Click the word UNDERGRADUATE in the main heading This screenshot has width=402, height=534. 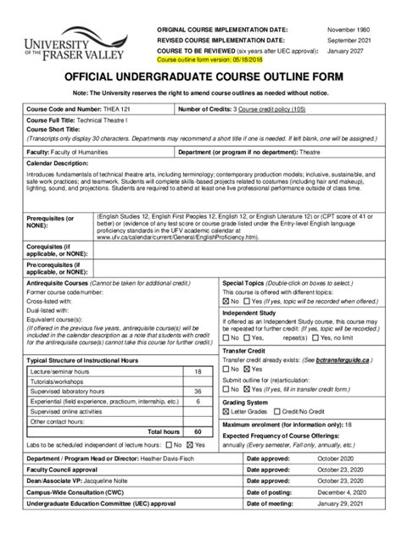coord(200,76)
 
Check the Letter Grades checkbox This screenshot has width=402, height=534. coord(226,410)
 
